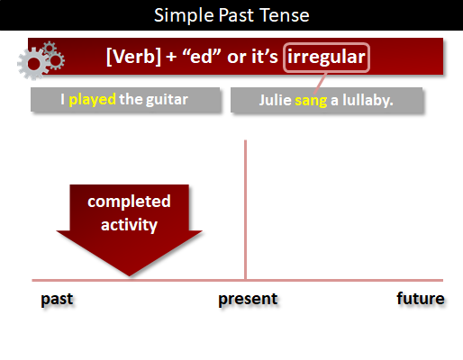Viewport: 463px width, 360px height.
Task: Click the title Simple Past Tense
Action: coord(231,15)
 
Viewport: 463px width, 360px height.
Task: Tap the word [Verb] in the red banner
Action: coord(133,57)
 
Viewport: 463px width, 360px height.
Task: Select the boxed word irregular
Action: coord(326,57)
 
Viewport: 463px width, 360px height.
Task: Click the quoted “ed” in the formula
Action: coord(202,56)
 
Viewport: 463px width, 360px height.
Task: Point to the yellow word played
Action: coord(92,100)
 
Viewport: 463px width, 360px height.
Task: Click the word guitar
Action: coord(167,100)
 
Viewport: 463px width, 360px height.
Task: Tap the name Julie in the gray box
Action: coord(276,100)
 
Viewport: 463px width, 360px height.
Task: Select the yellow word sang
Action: coord(311,101)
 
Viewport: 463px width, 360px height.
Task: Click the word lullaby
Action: coord(368,101)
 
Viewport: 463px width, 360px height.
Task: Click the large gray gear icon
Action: coord(33,64)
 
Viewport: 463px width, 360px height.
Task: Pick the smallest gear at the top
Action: coord(50,48)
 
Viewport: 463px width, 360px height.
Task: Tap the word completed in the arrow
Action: coord(129,202)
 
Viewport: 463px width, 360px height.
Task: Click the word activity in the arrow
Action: coord(129,225)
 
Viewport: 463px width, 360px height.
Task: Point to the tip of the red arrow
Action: coord(130,275)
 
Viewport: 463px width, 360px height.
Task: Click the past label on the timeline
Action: coord(57,299)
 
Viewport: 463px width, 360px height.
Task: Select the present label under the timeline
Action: coord(248,299)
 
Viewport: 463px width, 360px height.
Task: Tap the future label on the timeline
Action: coord(421,299)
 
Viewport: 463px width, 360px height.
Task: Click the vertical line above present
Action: coord(245,210)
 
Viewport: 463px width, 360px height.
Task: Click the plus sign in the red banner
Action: coord(171,57)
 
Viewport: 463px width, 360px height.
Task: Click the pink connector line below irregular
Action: coord(320,83)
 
